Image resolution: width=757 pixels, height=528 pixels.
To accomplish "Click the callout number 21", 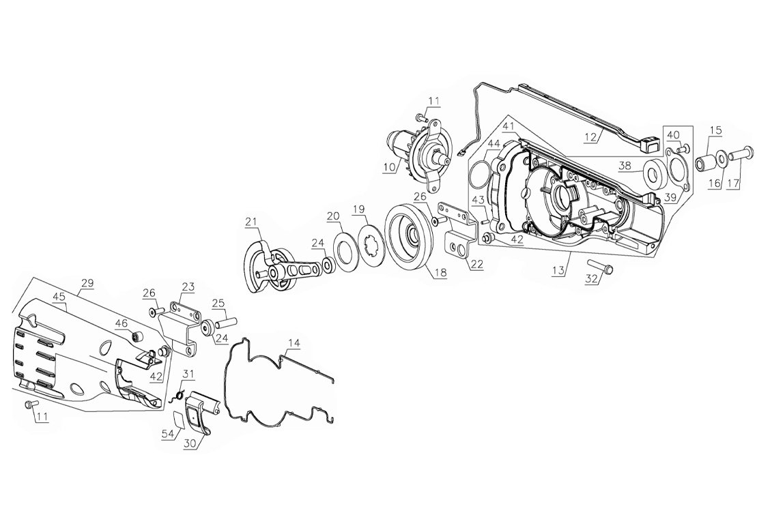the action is [x=252, y=222].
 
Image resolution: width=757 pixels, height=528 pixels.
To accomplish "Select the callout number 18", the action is [x=440, y=273].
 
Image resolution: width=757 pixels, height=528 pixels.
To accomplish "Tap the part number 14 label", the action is [x=294, y=343].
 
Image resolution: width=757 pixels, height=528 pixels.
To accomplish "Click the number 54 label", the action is [x=168, y=435].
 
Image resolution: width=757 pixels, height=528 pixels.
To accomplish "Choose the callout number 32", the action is [x=592, y=278].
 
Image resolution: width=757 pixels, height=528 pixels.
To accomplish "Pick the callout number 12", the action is [x=591, y=137].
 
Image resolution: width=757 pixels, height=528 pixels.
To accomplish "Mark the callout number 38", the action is [x=625, y=166].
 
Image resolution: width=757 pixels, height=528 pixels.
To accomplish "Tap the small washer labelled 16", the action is [x=720, y=157].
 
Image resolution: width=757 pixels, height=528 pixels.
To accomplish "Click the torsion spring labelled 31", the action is [x=177, y=396].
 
